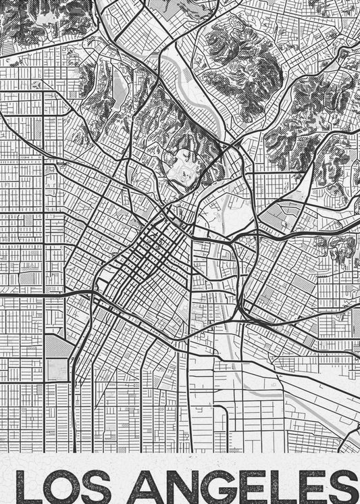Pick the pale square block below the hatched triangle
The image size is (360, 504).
tap(58, 368)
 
